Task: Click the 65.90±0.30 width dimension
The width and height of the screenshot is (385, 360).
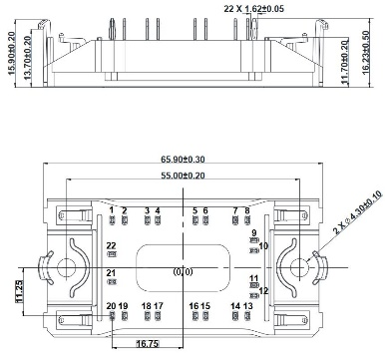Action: pos(183,160)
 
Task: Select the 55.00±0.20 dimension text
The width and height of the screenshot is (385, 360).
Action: pos(183,176)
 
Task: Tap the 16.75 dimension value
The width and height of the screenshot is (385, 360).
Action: pos(148,344)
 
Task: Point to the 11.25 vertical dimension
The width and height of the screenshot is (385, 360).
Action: pos(20,291)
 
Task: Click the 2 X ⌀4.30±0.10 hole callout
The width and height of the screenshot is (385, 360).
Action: pos(357,212)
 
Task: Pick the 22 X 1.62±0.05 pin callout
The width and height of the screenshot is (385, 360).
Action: pos(254,9)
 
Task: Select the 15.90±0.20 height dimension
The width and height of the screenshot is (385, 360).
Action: pos(11,53)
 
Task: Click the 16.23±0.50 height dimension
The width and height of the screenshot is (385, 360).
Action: pos(366,52)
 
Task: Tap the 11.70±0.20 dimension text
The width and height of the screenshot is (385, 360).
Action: pos(345,62)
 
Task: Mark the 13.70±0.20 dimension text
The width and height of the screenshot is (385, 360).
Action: pos(28,58)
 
